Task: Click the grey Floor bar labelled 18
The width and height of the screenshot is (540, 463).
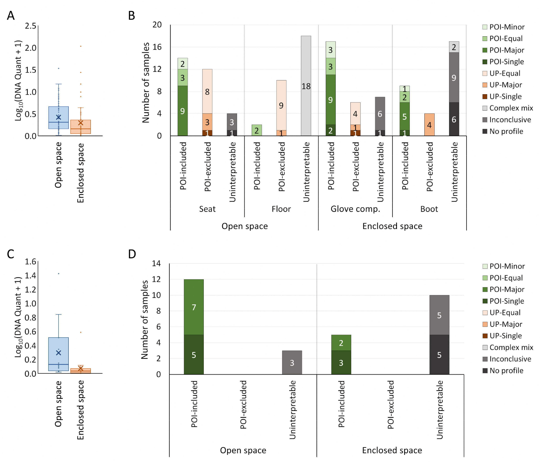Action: (306, 86)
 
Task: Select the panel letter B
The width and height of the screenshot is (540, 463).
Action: (131, 16)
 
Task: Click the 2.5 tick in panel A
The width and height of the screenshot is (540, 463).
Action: (30, 26)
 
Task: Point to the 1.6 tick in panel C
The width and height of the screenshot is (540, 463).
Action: (30, 262)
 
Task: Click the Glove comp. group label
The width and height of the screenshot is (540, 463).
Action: (355, 209)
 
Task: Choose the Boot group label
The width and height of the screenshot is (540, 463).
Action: (429, 209)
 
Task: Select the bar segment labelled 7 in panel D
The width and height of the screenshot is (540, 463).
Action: (194, 307)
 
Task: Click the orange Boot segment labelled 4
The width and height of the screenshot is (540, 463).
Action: (429, 125)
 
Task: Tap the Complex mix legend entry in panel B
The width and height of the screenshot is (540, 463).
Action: (508, 108)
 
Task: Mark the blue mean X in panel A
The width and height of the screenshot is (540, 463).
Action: (58, 117)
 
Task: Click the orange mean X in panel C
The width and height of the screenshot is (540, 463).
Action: (80, 369)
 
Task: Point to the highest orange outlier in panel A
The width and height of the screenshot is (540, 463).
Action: (81, 46)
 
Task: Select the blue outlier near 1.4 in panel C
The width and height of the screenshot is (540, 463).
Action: (58, 274)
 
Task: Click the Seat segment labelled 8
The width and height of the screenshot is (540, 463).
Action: (207, 91)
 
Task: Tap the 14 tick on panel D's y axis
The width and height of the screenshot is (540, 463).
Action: (157, 264)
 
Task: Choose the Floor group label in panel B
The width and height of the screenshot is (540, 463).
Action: (281, 209)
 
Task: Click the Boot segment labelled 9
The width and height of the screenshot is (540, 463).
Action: (454, 78)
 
